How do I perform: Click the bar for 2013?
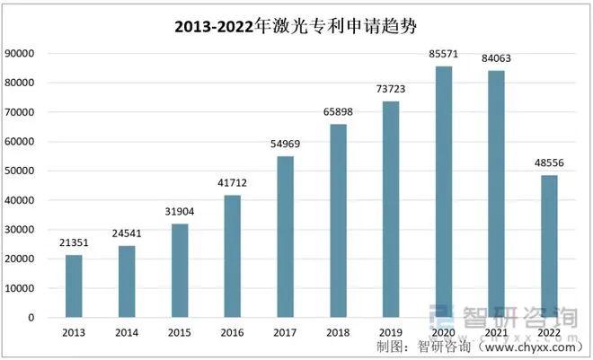point(74,286)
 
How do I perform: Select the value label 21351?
point(74,243)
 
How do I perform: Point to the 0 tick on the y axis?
point(31,318)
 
